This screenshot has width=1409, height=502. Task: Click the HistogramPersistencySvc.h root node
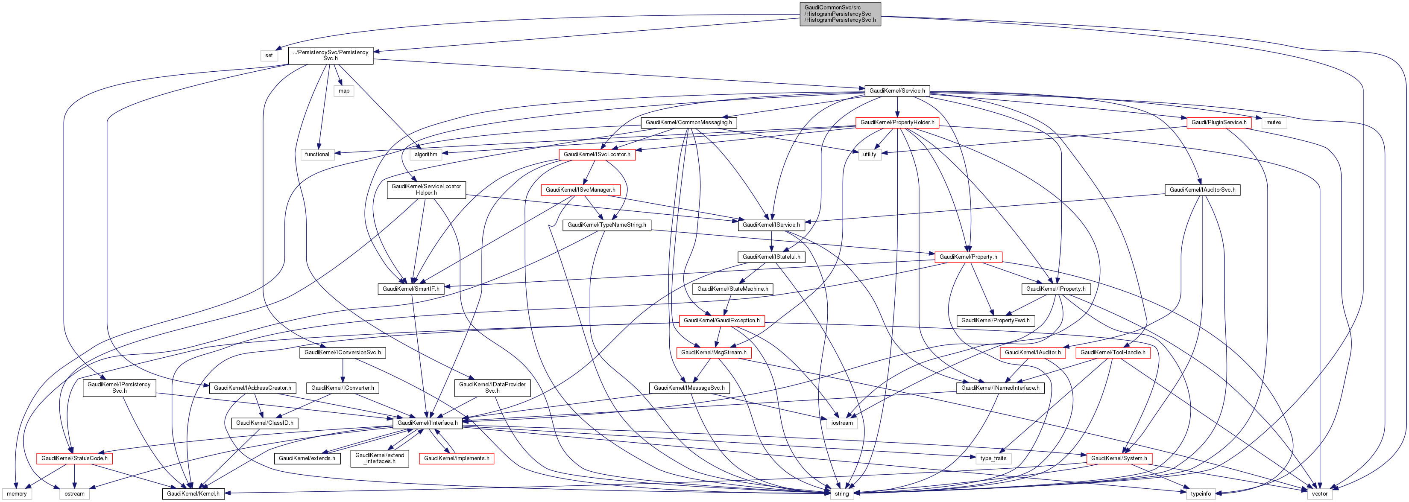tap(840, 14)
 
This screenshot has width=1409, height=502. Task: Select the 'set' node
tap(269, 55)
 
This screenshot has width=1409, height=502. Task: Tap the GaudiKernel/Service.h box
tap(897, 91)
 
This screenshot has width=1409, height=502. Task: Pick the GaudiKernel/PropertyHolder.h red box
tap(897, 123)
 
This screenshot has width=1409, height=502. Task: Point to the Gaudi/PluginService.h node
tap(1219, 123)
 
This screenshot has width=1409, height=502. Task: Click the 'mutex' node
tap(1274, 123)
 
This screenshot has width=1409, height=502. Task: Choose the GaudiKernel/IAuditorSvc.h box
tap(1202, 190)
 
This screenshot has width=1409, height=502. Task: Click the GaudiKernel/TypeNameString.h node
tap(606, 225)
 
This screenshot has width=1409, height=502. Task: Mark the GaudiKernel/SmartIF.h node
tap(411, 289)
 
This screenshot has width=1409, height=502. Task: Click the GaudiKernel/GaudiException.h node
tap(721, 321)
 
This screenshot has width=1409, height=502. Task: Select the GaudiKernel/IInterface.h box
tap(428, 423)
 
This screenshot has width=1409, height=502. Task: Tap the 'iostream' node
tap(842, 423)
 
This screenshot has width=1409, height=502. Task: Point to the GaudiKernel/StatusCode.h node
tap(74, 458)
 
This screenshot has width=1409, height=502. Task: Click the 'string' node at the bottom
tap(842, 494)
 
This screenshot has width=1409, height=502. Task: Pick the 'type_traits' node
tap(993, 458)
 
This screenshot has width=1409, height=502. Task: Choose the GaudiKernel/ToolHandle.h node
tap(1113, 353)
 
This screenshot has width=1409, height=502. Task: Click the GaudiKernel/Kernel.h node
tap(193, 494)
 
